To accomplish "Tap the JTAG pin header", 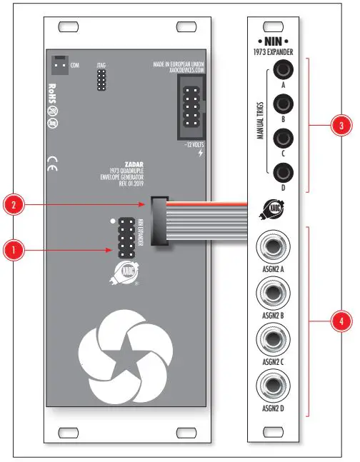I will (x=102, y=81).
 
